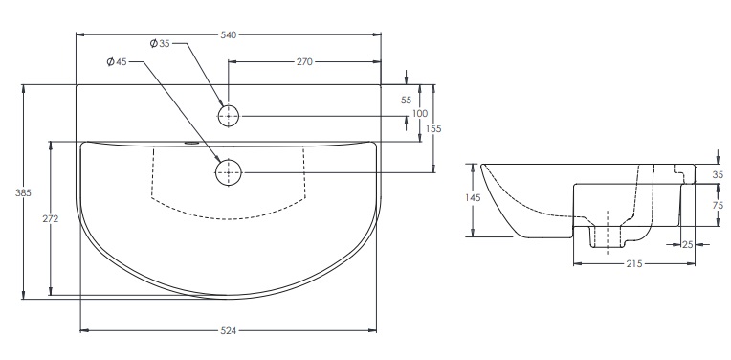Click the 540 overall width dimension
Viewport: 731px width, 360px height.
229,34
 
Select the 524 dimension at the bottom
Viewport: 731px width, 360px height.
229,330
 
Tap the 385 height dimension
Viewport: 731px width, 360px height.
23,192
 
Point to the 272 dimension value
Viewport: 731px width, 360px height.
51,218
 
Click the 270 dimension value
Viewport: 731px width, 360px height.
304,61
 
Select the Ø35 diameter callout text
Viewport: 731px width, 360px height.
160,43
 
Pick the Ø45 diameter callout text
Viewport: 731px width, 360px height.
117,61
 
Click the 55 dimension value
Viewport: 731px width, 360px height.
406,101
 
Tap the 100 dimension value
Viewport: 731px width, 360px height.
420,113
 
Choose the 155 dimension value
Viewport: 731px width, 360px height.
433,128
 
